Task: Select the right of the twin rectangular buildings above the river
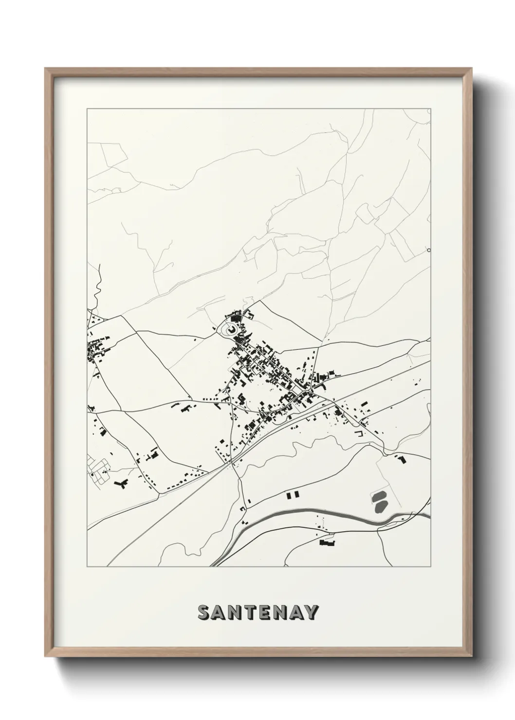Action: (295, 495)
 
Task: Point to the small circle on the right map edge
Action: (428, 251)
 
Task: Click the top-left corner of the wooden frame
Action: (46, 69)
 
